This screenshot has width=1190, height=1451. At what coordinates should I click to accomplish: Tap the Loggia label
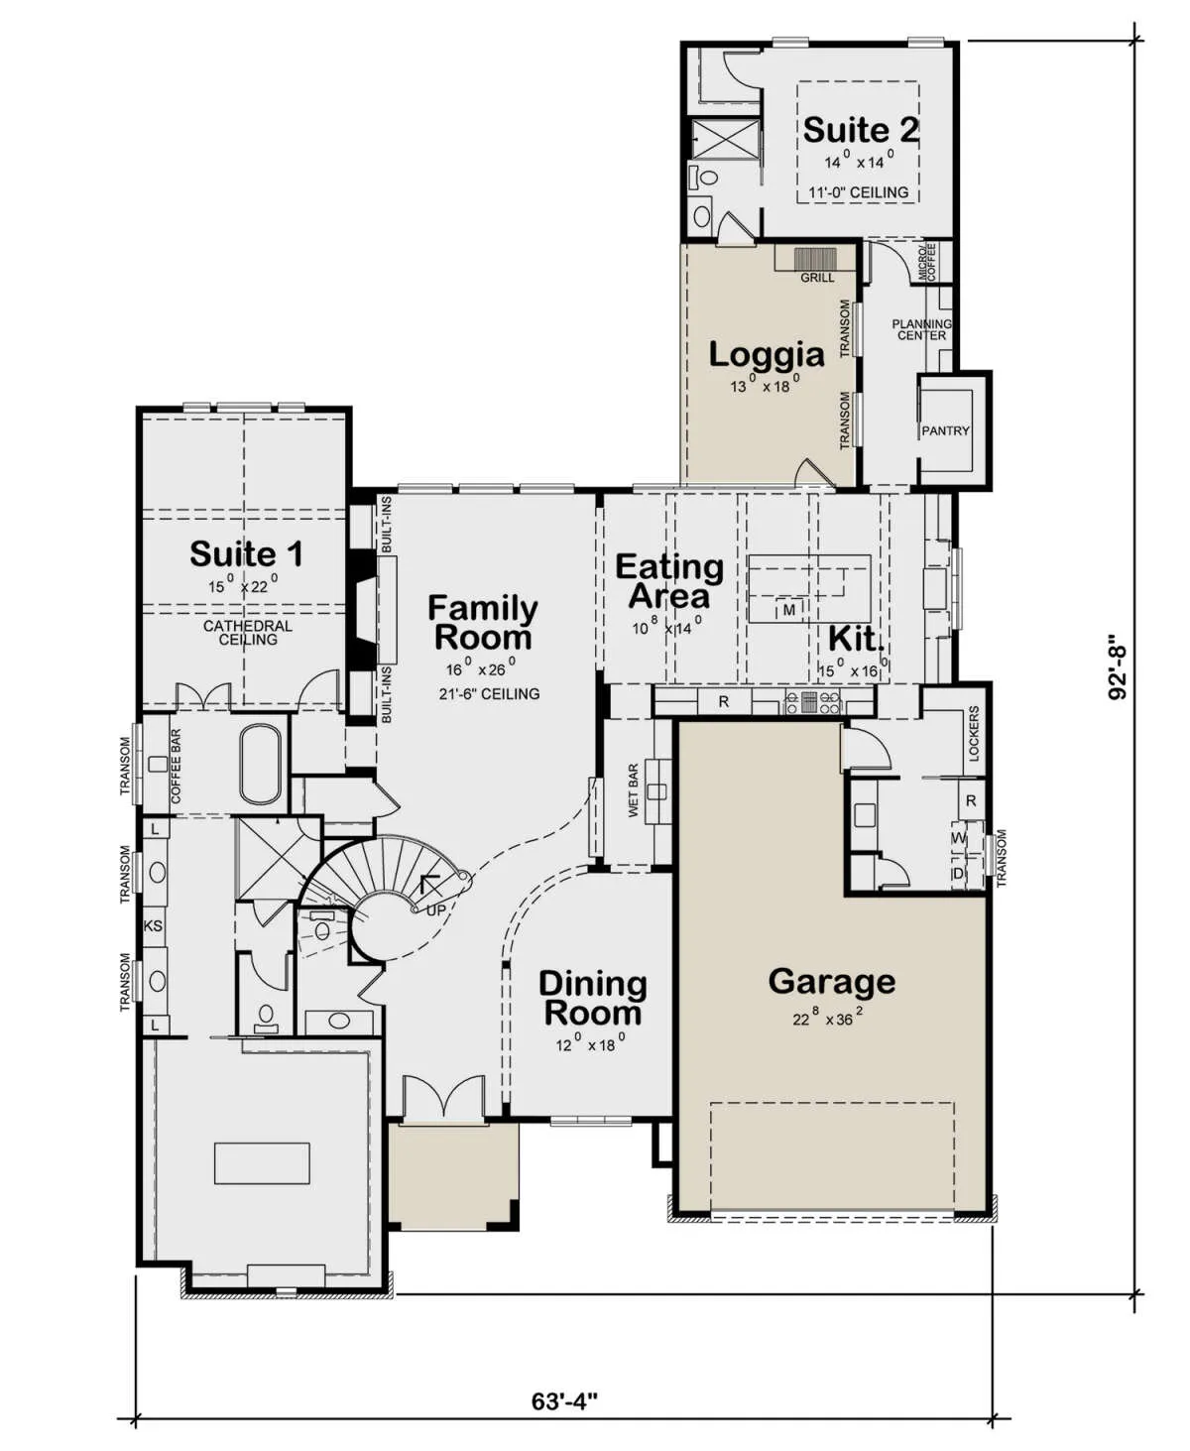coord(767,355)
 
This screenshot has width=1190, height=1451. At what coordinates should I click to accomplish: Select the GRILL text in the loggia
coord(817,278)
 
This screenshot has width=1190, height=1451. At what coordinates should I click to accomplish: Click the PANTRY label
coord(945,430)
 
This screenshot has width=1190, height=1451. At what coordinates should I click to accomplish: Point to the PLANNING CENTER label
coord(921,329)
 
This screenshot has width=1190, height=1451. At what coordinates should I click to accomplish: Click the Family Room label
coord(483,623)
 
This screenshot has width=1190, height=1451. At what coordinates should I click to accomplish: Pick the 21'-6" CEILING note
coord(489,693)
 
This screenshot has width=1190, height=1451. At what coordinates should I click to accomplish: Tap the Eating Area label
coord(669,581)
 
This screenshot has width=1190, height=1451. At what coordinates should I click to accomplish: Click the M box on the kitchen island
coord(789,610)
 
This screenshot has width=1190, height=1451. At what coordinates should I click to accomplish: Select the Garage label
coord(832,982)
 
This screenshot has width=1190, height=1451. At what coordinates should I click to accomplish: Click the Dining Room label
coord(592,999)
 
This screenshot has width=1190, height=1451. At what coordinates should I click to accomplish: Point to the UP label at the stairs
coord(436,909)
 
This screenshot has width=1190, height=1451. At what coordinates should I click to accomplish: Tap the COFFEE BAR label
coord(177,766)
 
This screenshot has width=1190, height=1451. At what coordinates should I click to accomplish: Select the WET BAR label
coord(633,789)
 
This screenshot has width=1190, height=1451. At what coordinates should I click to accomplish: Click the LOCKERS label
coord(974,733)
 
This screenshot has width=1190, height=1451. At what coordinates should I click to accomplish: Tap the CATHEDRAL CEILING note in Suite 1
coord(248,633)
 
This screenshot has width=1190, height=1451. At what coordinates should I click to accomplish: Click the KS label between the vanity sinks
coord(153,926)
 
